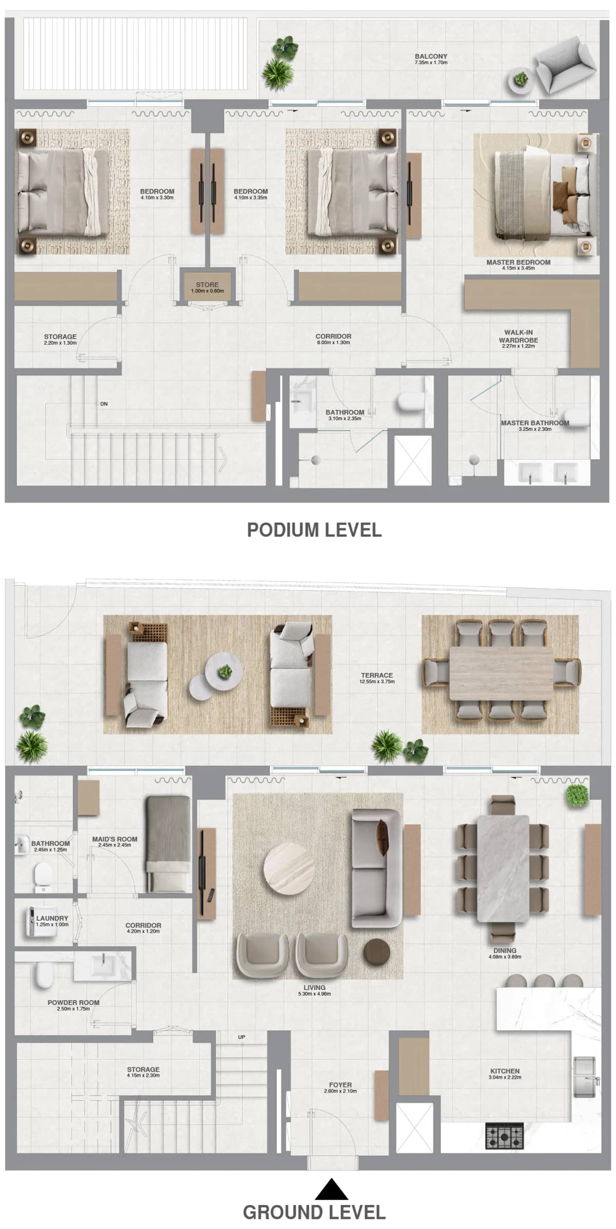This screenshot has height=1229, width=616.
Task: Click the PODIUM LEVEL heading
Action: click(314, 530)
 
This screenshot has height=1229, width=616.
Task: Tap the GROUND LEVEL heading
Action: click(314, 1212)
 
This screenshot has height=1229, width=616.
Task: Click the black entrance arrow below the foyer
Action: click(331, 1189)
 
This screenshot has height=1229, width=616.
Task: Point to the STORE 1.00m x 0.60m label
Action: click(207, 287)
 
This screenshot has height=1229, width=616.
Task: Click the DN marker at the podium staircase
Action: click(104, 404)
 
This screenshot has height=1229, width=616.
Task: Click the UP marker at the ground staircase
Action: click(242, 1037)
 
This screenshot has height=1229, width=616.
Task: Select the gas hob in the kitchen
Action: click(505, 1136)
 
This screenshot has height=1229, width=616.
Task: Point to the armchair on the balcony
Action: click(565, 67)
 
